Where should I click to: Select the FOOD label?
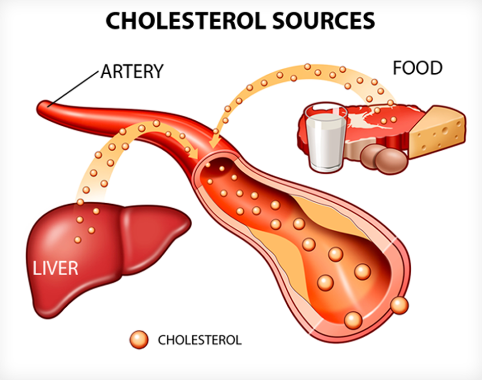click(x=418, y=68)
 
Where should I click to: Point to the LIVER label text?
click(x=56, y=268)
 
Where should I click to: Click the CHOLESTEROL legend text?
click(x=200, y=340)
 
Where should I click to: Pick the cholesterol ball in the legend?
click(x=139, y=339)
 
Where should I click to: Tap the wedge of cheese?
click(x=438, y=131)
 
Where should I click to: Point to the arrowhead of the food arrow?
click(x=211, y=147)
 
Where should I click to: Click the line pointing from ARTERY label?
click(x=73, y=88)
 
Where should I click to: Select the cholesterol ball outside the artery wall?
click(x=399, y=305)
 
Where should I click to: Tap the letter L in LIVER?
click(x=37, y=268)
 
